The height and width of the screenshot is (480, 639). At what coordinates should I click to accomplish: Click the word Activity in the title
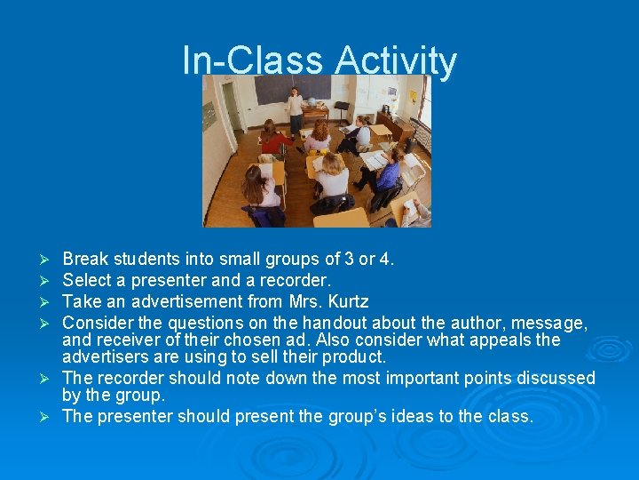coord(397,61)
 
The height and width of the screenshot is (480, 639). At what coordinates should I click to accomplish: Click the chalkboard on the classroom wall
coord(293,88)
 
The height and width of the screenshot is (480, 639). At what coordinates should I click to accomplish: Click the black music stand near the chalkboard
coord(342,109)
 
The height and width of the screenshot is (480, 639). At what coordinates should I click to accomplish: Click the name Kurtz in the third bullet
coord(347,301)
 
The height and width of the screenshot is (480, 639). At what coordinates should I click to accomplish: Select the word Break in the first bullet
coord(84,260)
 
